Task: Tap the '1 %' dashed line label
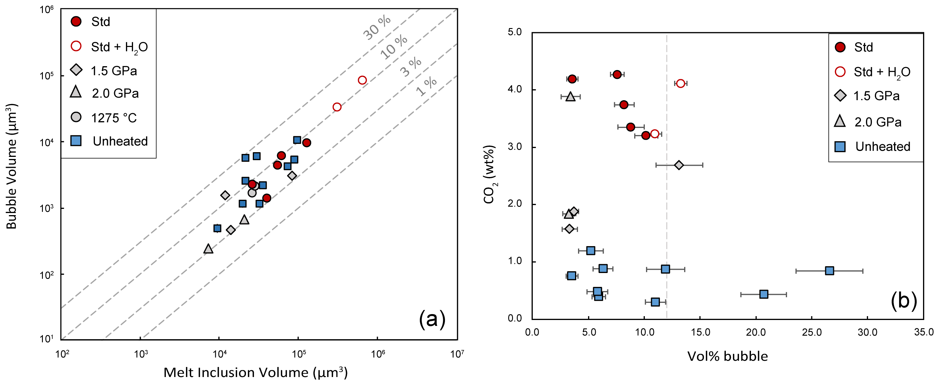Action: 427,86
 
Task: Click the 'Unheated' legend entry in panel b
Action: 873,147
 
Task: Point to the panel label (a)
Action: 432,319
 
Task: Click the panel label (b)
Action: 904,301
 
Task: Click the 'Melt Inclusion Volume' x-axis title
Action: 255,372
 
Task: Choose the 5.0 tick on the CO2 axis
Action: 514,32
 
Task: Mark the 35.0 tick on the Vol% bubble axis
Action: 923,332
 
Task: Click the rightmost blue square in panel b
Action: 829,271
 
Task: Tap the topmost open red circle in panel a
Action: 362,80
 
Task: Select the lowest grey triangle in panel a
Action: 208,249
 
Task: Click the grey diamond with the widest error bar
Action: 679,165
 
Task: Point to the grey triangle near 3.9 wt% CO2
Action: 571,97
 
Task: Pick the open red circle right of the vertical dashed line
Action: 681,83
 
